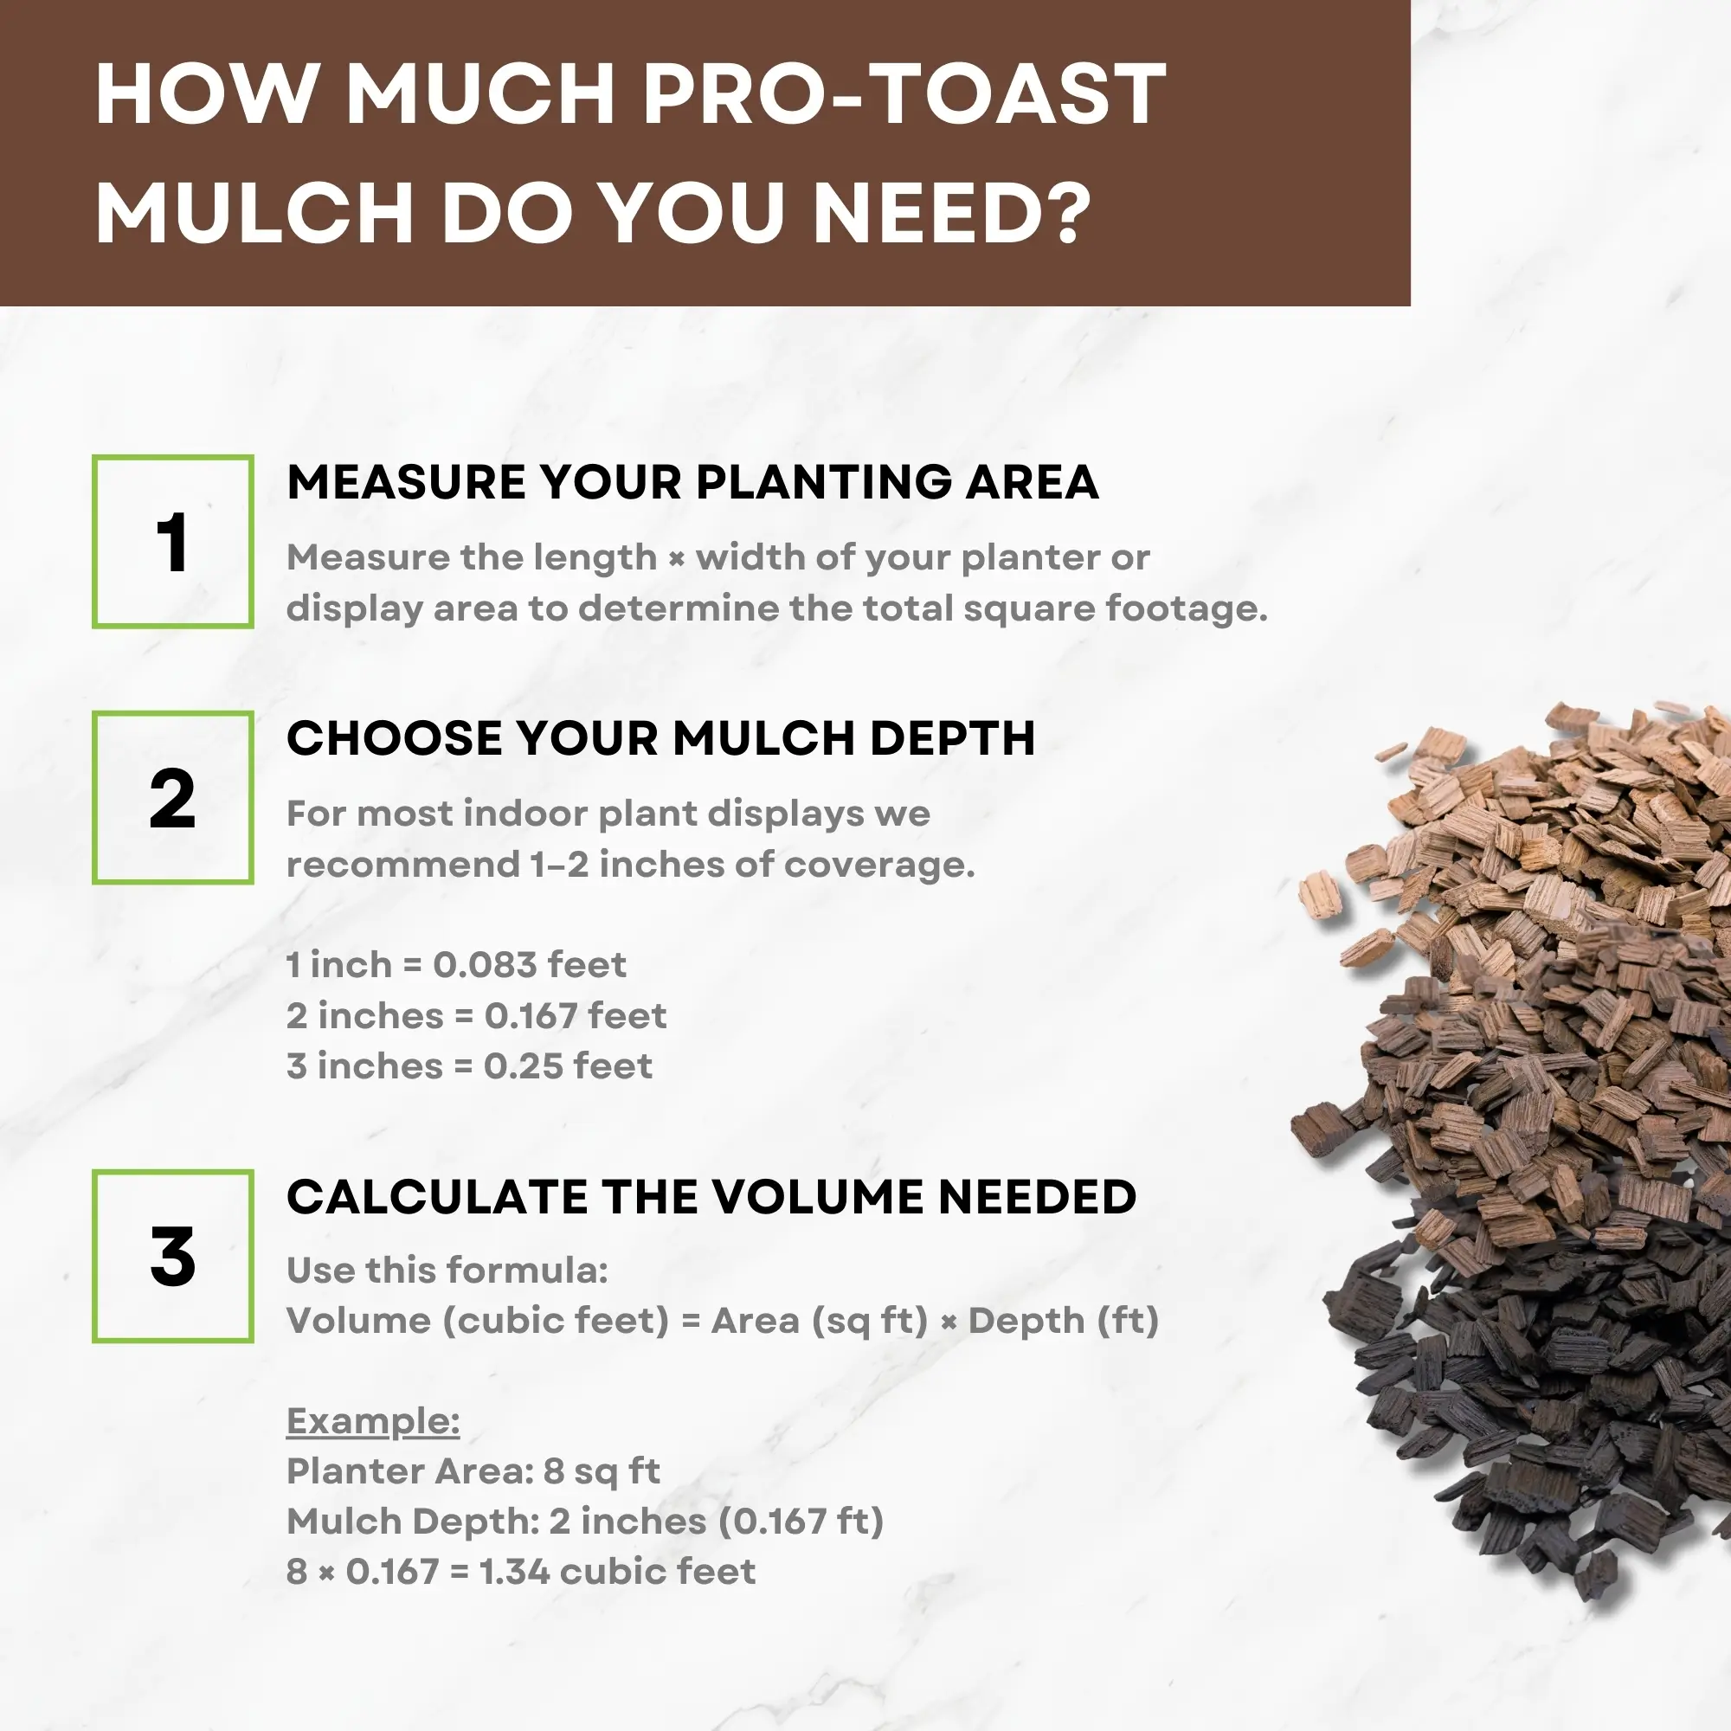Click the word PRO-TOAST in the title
pos(905,94)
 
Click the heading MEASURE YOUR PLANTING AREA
pos(692,482)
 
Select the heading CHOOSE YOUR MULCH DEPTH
pos(661,738)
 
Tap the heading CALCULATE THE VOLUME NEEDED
pos(711,1197)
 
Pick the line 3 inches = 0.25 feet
pos(469,1066)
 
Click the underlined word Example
pos(373,1421)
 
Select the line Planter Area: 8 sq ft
pos(473,1471)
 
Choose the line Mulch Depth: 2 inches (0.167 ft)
pos(585,1522)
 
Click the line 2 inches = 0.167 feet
pos(477,1016)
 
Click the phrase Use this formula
pos(447,1271)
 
